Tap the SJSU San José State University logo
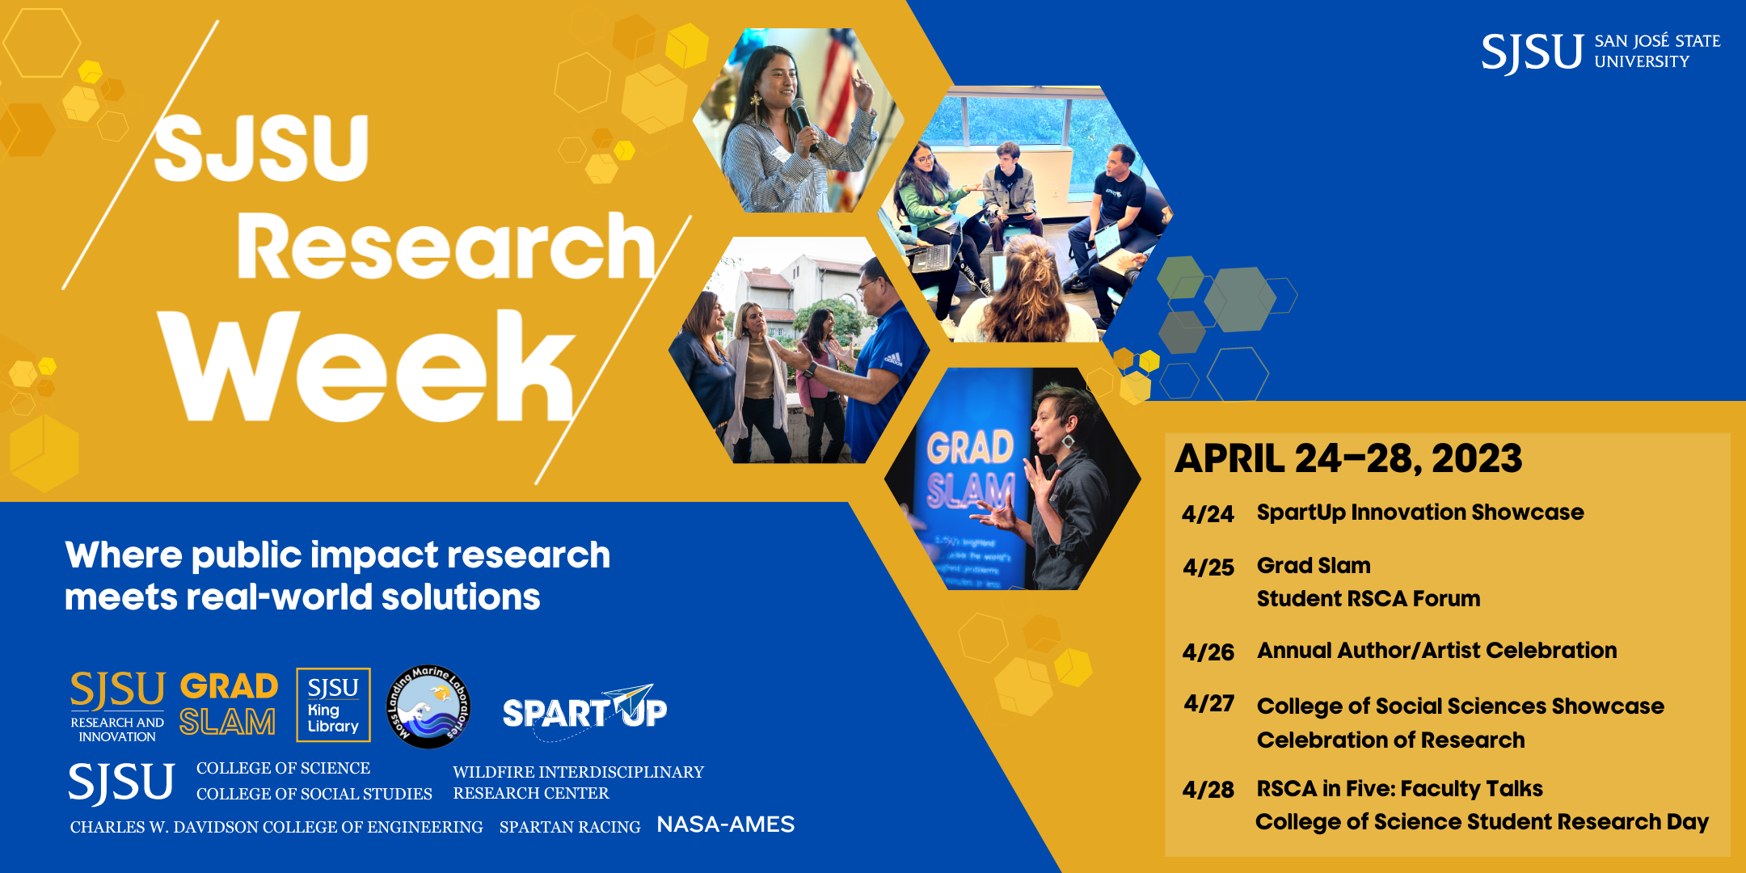coord(1600,52)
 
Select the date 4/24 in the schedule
coord(1208,514)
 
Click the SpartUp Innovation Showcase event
coord(1420,512)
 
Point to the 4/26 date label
coord(1208,652)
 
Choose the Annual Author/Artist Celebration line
coord(1436,651)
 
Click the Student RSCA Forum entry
coord(1369,599)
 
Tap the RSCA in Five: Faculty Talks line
coord(1399,789)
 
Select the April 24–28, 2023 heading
coord(1348,458)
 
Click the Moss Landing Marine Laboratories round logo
coord(428,706)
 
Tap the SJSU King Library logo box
coord(333,705)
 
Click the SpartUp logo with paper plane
coord(584,708)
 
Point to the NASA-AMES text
coord(725,824)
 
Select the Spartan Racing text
coord(570,827)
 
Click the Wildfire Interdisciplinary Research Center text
coord(578,782)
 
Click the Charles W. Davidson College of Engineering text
coord(276,827)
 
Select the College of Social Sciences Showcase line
coord(1460,706)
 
